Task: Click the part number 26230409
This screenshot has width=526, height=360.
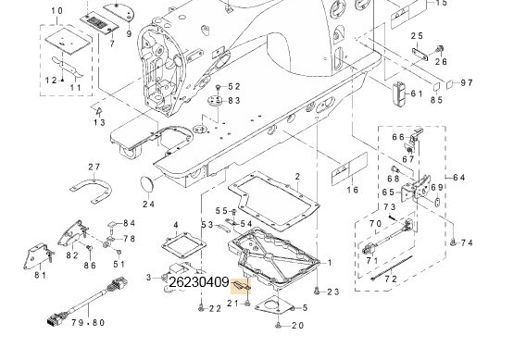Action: point(198,282)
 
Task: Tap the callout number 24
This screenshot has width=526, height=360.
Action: point(148,204)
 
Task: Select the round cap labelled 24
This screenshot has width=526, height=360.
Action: point(146,185)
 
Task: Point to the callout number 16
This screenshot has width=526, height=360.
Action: point(352,190)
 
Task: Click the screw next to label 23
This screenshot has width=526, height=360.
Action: point(317,291)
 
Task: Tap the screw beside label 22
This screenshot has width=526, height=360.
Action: point(201,307)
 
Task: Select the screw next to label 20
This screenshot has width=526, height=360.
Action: point(279,324)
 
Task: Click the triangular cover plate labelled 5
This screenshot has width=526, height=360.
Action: point(274,306)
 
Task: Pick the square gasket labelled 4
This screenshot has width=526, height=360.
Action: point(183,246)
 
